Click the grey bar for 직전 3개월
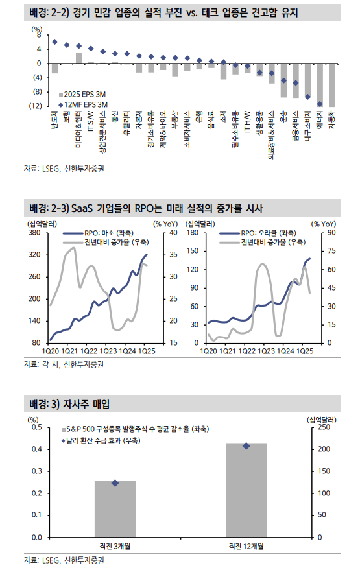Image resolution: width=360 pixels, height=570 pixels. point(115,508)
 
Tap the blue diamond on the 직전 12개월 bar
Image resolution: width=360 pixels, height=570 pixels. point(246,446)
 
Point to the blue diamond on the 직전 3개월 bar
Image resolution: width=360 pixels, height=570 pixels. point(115,483)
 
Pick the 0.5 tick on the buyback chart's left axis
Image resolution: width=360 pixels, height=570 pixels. point(36,427)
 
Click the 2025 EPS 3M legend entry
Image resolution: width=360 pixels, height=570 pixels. point(86,95)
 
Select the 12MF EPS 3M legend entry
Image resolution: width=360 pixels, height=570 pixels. point(86,104)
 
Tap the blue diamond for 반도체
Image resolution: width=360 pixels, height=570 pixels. point(54,42)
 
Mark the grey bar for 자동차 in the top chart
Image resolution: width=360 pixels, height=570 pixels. point(331,85)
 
